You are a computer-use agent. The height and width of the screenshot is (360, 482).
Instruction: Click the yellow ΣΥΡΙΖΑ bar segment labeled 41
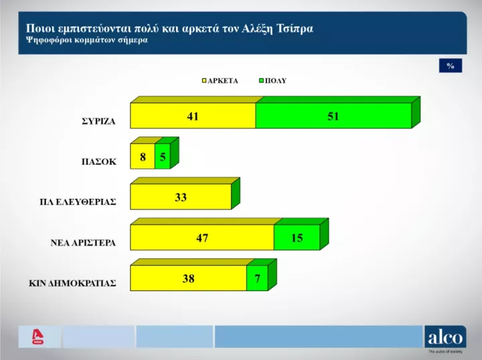193,116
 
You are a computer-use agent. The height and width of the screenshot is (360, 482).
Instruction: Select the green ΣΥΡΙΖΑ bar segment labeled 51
333,116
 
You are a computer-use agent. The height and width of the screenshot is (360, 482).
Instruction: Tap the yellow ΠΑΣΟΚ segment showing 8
142,157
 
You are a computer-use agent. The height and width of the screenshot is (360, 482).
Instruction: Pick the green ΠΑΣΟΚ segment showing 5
162,157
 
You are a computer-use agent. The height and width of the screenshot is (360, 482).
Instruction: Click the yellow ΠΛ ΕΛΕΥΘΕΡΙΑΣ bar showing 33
180,197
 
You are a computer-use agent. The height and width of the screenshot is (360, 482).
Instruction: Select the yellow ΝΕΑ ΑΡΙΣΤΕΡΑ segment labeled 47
202,238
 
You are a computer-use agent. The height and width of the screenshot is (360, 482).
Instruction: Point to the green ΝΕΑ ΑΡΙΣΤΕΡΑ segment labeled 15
296,238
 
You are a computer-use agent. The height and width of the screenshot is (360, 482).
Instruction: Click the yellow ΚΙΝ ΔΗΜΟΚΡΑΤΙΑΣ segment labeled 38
188,278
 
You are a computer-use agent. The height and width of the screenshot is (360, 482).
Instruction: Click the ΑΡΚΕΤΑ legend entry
220,80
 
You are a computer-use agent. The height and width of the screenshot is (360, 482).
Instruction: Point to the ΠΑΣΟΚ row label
98,162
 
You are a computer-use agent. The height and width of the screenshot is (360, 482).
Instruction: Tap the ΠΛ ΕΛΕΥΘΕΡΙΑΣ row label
78,202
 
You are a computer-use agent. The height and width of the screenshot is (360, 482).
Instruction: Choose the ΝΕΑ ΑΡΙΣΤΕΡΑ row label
83,243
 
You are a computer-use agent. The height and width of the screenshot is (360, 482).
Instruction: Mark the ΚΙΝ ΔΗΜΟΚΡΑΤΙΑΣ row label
72,283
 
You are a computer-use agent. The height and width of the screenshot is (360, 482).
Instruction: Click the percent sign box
451,66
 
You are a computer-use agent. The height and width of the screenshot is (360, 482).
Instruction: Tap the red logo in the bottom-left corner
38,337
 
